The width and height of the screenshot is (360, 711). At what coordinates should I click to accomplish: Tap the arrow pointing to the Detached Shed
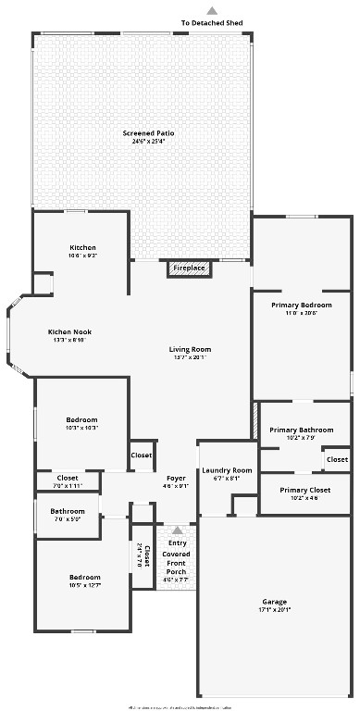point(212,10)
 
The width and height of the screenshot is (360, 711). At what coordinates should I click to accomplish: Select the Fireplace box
point(189,268)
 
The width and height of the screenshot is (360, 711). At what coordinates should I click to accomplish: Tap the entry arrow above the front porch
point(176,530)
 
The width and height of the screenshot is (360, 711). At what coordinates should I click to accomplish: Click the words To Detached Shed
point(212,22)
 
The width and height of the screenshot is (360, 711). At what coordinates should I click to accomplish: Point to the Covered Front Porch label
point(176,559)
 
